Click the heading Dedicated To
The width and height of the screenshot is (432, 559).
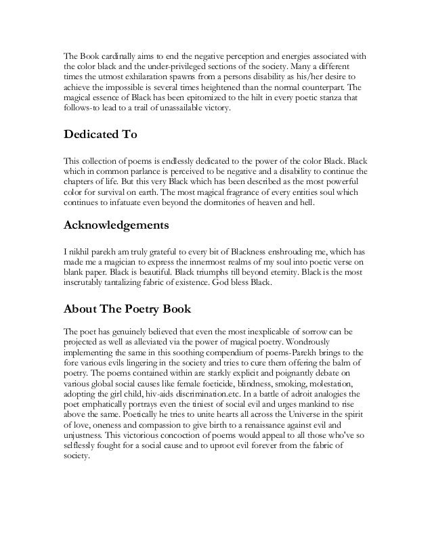100,135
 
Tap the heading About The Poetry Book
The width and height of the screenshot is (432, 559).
128,311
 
